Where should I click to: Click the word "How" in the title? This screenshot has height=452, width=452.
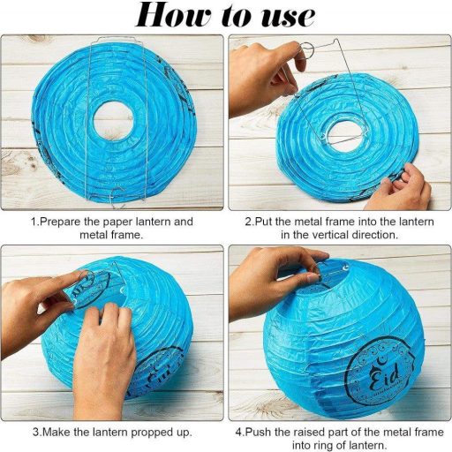pos(174,15)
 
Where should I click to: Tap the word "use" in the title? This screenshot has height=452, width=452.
pos(288,17)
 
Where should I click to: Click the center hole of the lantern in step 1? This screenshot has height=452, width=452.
pos(113,120)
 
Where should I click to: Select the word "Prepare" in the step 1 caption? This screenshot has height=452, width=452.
pos(60,222)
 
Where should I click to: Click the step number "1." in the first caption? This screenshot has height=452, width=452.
pos(35,222)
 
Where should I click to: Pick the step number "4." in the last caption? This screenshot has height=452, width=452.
pos(240,432)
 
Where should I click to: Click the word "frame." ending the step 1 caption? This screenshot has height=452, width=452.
pos(127,235)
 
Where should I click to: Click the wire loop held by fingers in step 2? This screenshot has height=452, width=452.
pos(307,51)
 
